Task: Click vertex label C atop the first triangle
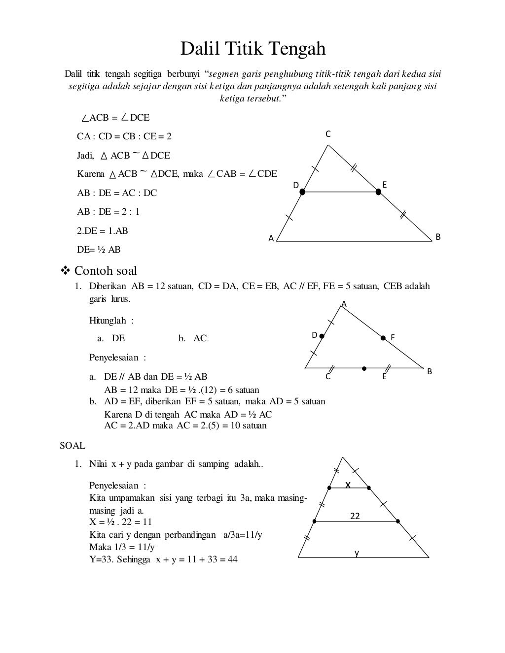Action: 328,134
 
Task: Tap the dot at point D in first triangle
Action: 302,192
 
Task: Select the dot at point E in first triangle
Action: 379,192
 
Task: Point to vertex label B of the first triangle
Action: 437,237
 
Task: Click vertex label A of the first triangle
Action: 271,238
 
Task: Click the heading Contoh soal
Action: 106,271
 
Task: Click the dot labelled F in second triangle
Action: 383,338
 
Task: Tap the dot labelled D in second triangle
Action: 322,336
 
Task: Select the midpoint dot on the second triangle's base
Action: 364,368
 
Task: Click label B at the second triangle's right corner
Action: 430,371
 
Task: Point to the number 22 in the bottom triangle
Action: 355,516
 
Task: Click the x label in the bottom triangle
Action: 348,485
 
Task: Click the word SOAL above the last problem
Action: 72,446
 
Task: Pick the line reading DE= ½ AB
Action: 99,250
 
